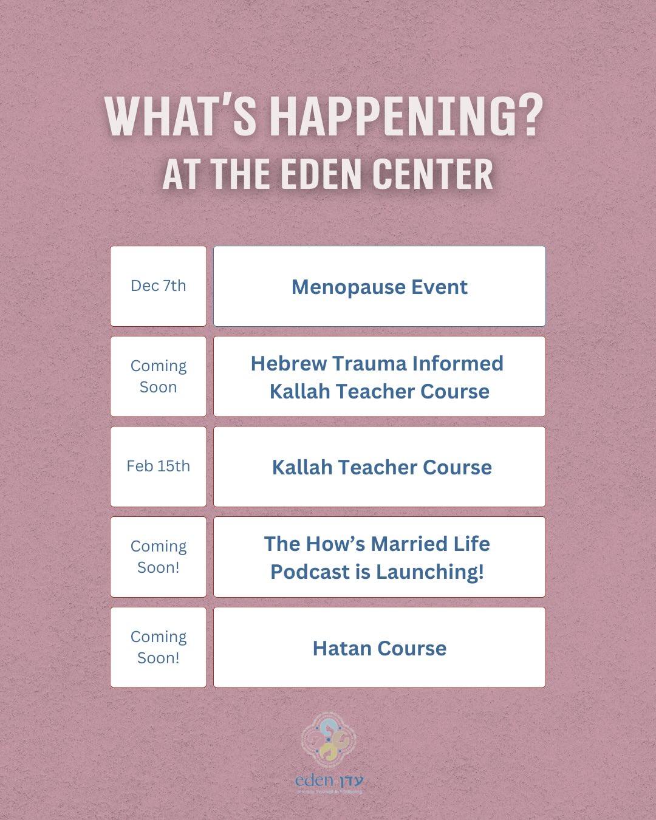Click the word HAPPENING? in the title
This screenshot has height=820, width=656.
[406, 116]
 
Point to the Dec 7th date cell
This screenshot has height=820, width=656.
[159, 286]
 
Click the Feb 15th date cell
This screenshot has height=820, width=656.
[159, 466]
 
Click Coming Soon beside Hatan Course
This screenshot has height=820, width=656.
[159, 647]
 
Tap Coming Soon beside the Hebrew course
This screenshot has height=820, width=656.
[159, 377]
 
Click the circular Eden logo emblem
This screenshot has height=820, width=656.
[328, 739]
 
